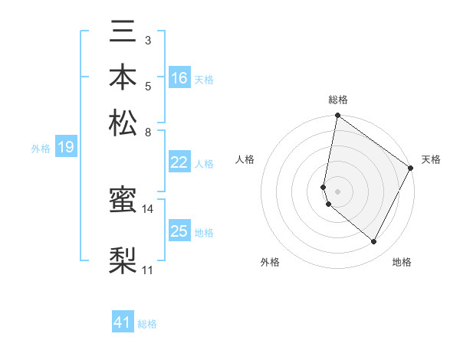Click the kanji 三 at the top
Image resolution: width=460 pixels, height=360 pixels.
[123, 34]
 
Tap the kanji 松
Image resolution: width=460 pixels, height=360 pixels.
[123, 123]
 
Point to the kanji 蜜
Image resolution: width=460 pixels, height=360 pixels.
[123, 201]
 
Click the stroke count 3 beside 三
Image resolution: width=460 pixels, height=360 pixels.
[148, 40]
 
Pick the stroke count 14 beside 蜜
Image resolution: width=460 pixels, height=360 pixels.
[148, 208]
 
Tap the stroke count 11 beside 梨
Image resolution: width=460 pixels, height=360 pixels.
[148, 270]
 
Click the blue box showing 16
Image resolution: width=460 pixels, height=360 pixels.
[179, 78]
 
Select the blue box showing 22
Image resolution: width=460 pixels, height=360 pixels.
[179, 162]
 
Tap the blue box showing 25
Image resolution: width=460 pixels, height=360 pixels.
[179, 231]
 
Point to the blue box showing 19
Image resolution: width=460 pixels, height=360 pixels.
[66, 148]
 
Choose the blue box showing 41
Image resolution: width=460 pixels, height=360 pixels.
[123, 323]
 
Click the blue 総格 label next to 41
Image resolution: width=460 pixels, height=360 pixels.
[147, 325]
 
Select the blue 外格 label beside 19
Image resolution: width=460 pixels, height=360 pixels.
[41, 149]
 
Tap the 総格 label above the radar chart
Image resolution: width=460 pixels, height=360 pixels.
[337, 100]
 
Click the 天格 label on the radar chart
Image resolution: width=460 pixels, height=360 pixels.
[431, 159]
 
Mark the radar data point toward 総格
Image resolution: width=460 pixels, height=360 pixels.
[337, 116]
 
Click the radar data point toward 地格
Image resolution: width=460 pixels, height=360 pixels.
[374, 242]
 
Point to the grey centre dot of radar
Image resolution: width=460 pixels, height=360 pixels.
[337, 191]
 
